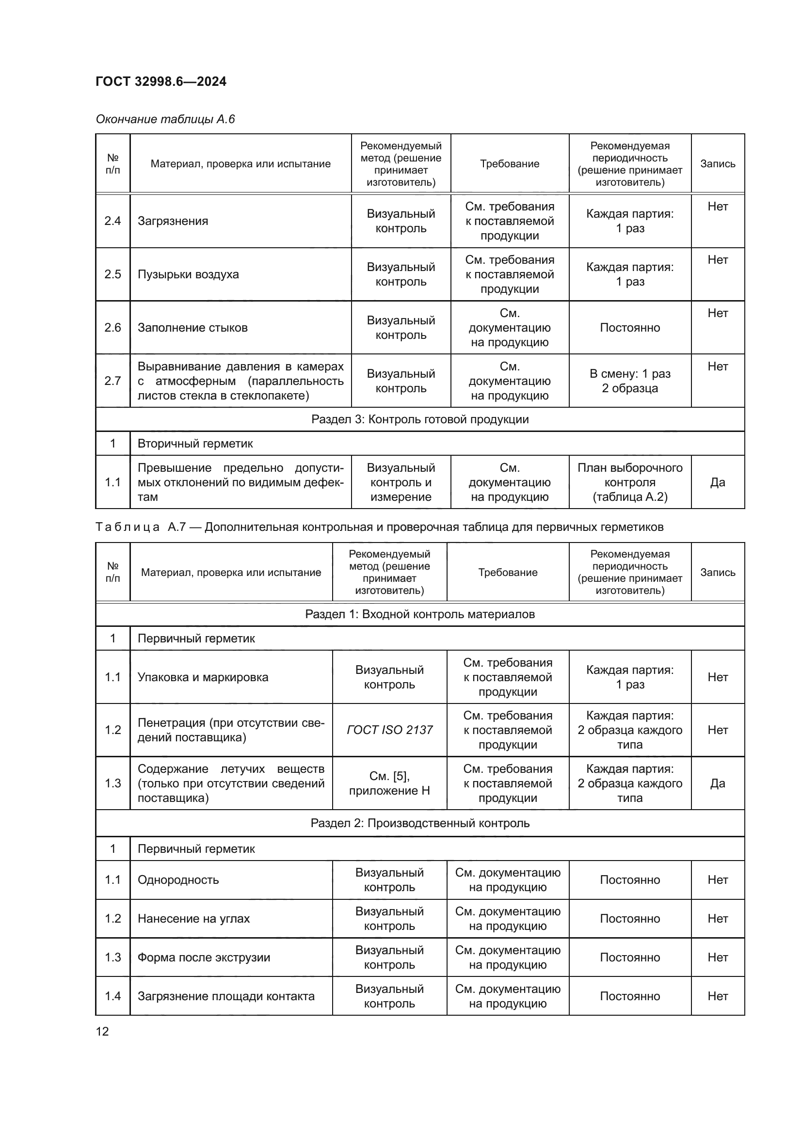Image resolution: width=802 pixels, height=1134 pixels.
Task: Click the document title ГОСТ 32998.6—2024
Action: pos(161,81)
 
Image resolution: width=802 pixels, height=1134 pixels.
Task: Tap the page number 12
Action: pos(102,1031)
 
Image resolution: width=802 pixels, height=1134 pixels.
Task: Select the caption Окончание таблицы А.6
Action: pos(165,119)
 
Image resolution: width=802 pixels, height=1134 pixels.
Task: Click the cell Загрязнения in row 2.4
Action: pos(173,221)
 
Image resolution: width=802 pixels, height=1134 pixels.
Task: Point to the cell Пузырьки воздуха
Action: pos(188,274)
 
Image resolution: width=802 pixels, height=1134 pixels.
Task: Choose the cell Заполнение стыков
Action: pos(192,327)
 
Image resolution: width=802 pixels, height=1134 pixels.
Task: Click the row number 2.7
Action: pos(112,381)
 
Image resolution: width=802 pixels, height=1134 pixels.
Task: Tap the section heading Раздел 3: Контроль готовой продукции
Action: pos(420,419)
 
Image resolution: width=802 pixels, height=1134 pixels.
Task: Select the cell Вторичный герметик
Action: pos(195,444)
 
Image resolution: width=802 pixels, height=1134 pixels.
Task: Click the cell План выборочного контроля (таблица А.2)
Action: pos(630,482)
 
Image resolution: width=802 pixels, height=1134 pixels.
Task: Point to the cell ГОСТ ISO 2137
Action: pos(390,730)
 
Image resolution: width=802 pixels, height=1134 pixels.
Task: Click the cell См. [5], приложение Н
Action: pos(390,783)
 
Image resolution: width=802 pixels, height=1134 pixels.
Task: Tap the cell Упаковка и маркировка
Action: pos(203,677)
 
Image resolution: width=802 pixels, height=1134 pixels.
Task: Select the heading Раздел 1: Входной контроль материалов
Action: pos(420,614)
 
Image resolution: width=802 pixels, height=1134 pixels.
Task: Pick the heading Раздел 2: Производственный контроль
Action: pos(420,823)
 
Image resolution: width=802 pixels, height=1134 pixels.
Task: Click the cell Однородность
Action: pos(178,879)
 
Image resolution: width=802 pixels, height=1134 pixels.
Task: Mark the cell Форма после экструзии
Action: pos(204,957)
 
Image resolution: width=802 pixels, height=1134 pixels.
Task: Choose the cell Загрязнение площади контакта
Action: pos(226,996)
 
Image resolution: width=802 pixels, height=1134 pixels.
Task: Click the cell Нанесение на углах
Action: pos(193,918)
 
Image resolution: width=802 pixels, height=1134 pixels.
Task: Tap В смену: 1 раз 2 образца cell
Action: pos(630,381)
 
